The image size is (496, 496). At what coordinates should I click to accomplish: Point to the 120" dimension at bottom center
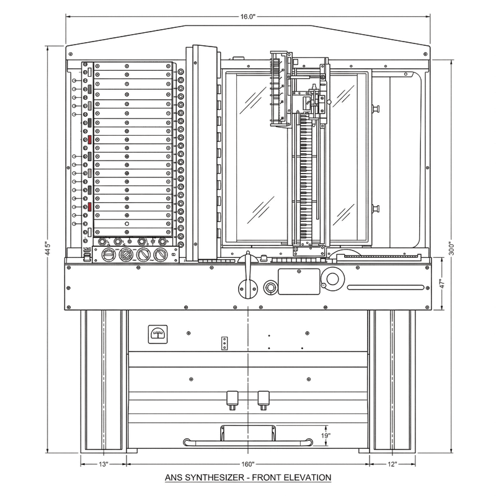tap(247, 463)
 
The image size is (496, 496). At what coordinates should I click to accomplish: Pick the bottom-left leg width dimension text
tap(103, 463)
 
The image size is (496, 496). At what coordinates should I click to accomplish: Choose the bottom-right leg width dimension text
tap(392, 463)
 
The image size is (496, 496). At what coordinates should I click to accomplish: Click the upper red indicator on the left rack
tap(91, 140)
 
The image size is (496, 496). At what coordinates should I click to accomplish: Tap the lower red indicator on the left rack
tap(91, 206)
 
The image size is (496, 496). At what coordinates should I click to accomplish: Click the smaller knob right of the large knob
tap(270, 286)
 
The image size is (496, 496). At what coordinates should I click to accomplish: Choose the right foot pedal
tap(263, 397)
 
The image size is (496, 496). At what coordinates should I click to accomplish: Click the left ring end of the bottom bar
tap(185, 441)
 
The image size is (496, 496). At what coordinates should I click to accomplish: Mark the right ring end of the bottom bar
tap(308, 441)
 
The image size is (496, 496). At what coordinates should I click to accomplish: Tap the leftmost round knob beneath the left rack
tap(109, 255)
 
